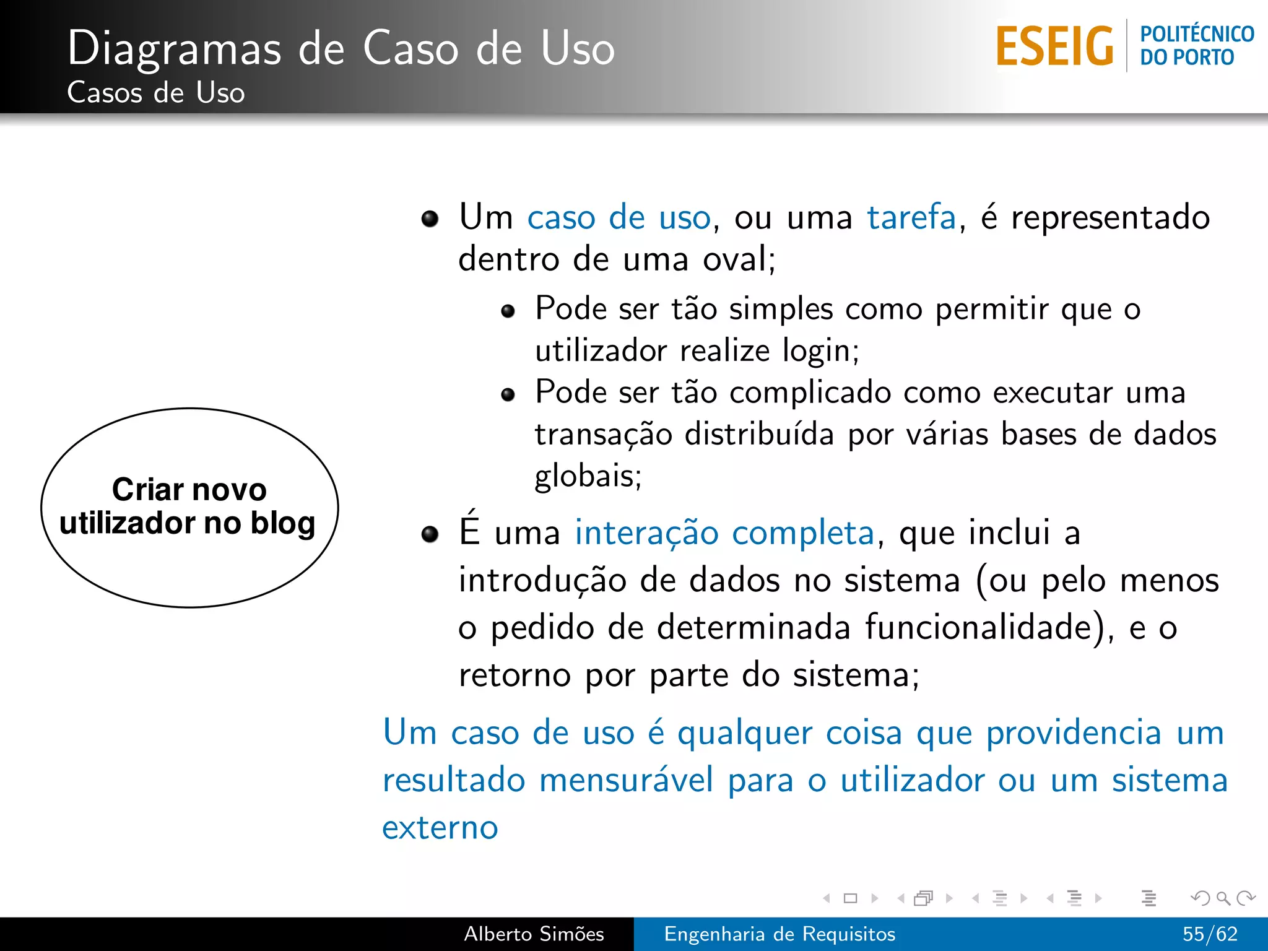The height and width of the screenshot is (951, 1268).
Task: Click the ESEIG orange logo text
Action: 1054,46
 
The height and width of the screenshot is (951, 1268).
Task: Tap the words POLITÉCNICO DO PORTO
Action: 1196,45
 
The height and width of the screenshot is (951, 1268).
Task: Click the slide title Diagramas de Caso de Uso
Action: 341,48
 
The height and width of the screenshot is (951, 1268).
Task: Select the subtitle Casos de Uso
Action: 156,93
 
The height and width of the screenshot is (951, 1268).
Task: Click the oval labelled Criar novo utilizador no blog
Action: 189,507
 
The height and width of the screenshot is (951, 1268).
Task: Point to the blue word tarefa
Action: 911,217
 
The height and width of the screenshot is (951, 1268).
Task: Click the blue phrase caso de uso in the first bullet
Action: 619,217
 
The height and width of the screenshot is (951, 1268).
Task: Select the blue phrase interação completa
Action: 724,532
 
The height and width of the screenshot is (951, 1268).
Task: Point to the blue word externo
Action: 440,828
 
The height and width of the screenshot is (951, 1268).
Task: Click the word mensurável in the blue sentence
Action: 626,780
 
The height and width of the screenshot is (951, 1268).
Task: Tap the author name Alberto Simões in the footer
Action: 534,934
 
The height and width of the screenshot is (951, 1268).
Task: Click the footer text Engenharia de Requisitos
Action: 779,934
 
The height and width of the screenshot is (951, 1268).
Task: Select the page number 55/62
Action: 1210,934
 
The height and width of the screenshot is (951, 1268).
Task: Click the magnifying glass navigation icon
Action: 1223,898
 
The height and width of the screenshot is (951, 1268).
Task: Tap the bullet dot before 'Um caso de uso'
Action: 430,219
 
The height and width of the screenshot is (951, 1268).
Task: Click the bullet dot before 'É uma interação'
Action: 430,534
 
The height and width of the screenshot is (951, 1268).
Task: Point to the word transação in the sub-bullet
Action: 603,435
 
